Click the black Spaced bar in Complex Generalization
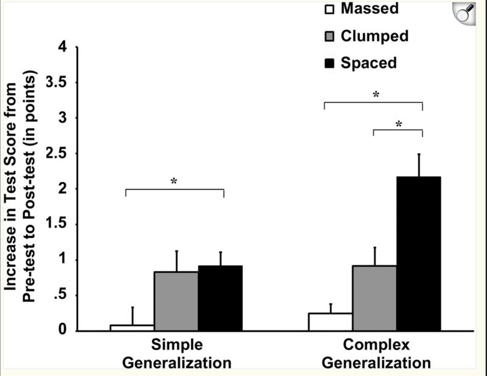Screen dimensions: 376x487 pyautogui.click(x=418, y=254)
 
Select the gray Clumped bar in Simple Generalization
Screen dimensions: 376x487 pyautogui.click(x=176, y=301)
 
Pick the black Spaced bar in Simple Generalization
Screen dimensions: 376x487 pyautogui.click(x=220, y=299)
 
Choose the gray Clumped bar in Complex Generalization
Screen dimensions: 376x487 pyautogui.click(x=374, y=299)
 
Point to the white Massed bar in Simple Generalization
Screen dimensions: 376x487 pyautogui.click(x=131, y=328)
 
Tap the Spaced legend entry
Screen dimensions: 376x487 pyautogui.click(x=360, y=63)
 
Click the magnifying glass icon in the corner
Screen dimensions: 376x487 pyautogui.click(x=466, y=13)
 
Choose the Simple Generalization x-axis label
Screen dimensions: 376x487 pyautogui.click(x=177, y=353)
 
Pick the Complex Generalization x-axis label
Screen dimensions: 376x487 pyautogui.click(x=376, y=353)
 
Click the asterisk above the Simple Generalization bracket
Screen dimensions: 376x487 pyautogui.click(x=174, y=182)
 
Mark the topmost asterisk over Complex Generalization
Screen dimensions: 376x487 pyautogui.click(x=376, y=95)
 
